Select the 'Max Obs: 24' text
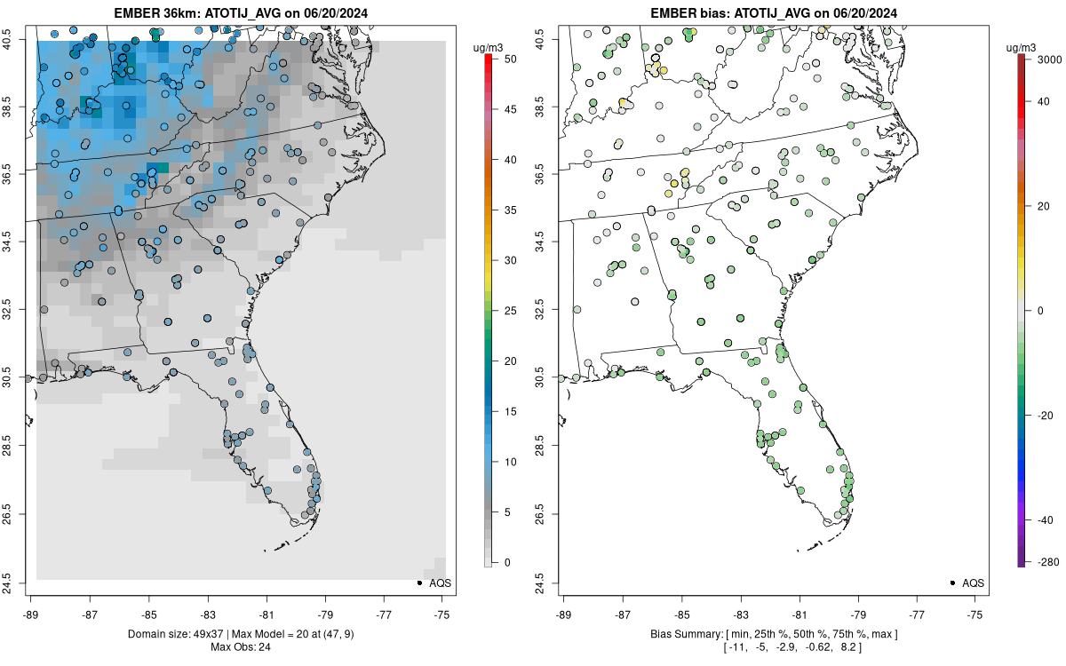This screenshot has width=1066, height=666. [x=241, y=646]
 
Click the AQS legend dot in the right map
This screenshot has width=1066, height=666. [x=952, y=583]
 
